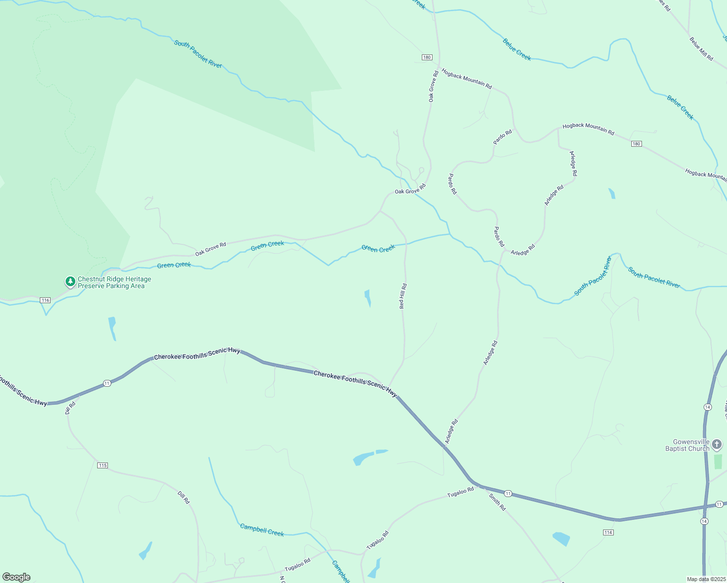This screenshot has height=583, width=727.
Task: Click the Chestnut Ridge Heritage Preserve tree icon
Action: click(70, 282)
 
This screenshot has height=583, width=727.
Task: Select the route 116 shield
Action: click(45, 300)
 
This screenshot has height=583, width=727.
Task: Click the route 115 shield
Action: click(102, 465)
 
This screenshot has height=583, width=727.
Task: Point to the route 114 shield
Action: click(608, 532)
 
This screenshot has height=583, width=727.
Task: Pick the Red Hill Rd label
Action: click(403, 296)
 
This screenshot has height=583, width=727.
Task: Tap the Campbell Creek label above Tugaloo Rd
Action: click(262, 530)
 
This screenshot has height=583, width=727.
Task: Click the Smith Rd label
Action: click(497, 502)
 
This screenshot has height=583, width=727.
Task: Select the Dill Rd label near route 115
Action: click(184, 497)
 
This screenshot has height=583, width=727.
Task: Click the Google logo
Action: click(17, 577)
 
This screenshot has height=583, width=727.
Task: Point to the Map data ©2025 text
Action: click(706, 579)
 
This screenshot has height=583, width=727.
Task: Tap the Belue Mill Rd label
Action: click(701, 49)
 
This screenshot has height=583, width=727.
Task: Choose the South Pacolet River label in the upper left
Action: click(198, 54)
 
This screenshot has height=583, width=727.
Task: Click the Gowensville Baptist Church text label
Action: click(687, 446)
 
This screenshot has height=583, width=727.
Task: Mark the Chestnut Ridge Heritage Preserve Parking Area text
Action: click(114, 283)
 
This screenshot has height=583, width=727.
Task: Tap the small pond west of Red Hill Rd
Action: click(368, 298)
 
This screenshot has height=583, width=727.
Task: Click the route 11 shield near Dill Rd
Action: click(107, 383)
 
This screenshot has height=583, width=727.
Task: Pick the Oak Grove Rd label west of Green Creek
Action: click(210, 249)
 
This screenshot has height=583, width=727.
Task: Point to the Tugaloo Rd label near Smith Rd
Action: click(460, 492)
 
